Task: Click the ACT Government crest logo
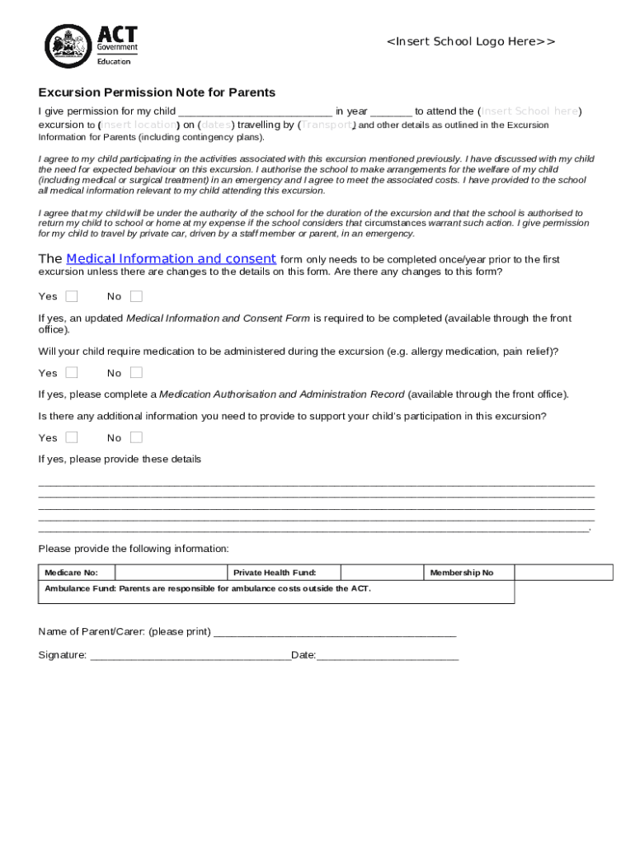pyautogui.click(x=68, y=45)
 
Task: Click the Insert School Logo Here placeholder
pyautogui.click(x=471, y=41)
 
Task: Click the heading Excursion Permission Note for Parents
pyautogui.click(x=157, y=92)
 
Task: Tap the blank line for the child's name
pyautogui.click(x=255, y=111)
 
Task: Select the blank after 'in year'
pyautogui.click(x=391, y=111)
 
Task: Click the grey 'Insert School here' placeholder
pyautogui.click(x=530, y=111)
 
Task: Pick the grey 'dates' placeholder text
pyautogui.click(x=216, y=125)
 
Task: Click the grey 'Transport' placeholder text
pyautogui.click(x=327, y=125)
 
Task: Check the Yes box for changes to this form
pyautogui.click(x=72, y=296)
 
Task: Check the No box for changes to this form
pyautogui.click(x=136, y=296)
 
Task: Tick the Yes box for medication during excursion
pyautogui.click(x=72, y=372)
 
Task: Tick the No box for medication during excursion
pyautogui.click(x=136, y=372)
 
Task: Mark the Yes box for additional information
pyautogui.click(x=72, y=437)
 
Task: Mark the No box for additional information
pyautogui.click(x=136, y=437)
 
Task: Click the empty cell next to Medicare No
pyautogui.click(x=171, y=573)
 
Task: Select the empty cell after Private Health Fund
pyautogui.click(x=381, y=573)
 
